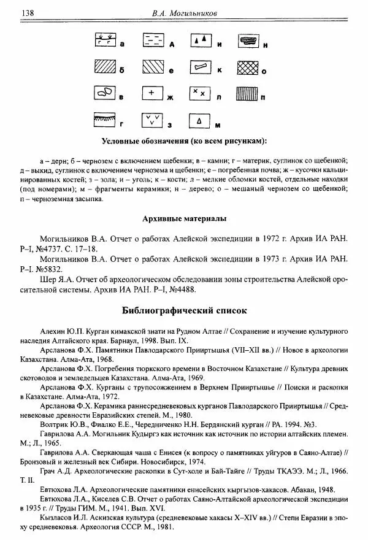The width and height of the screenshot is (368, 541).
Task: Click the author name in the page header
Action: [x=185, y=12]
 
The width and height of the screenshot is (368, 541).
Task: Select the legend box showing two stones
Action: [x=104, y=93]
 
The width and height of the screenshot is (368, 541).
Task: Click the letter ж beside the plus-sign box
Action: [x=172, y=97]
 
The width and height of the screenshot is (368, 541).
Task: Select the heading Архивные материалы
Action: [x=184, y=219]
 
